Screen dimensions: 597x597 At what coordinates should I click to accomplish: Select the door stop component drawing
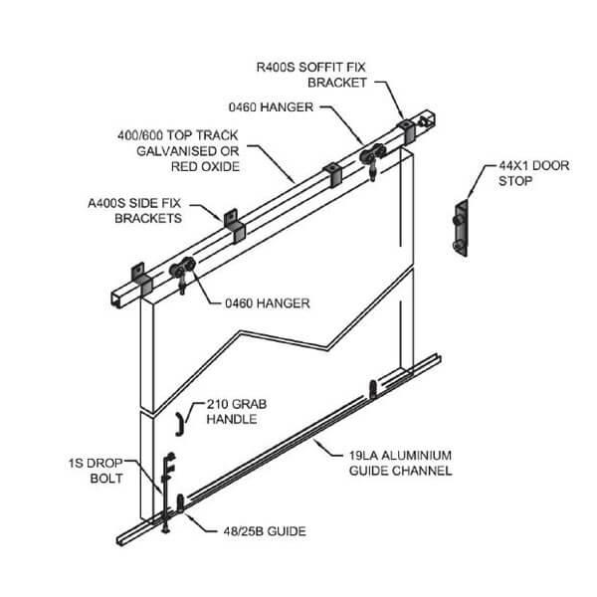click(x=460, y=230)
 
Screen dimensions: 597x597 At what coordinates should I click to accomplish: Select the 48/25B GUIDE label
click(x=255, y=532)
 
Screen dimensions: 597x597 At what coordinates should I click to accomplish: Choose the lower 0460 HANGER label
click(x=262, y=299)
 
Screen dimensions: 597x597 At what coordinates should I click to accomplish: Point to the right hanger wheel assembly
click(x=373, y=160)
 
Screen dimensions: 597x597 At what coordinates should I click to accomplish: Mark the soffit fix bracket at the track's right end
click(x=407, y=132)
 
